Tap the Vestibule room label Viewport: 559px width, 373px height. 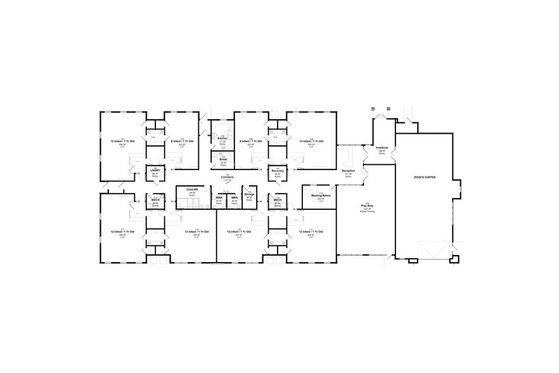pyautogui.click(x=382, y=147)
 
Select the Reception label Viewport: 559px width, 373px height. pyautogui.click(x=349, y=171)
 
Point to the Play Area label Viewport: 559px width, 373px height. pyautogui.click(x=367, y=206)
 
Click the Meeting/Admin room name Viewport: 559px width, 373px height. pyautogui.click(x=321, y=196)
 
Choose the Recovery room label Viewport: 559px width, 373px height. pyautogui.click(x=278, y=171)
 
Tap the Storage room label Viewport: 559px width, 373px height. pyautogui.click(x=249, y=194)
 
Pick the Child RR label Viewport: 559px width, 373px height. pyautogui.click(x=192, y=190)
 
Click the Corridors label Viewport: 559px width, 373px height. pyautogui.click(x=227, y=177)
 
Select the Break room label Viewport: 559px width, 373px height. pyautogui.click(x=223, y=159)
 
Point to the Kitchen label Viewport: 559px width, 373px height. pyautogui.click(x=222, y=138)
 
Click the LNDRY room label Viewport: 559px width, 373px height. pyautogui.click(x=154, y=171)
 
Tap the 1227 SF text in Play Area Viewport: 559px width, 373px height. pyautogui.click(x=367, y=209)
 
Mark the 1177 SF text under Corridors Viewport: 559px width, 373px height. pyautogui.click(x=227, y=180)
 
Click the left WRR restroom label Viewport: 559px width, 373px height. pyautogui.click(x=219, y=197)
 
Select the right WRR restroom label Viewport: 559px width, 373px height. pyautogui.click(x=234, y=197)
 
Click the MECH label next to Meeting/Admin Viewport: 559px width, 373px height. pyautogui.click(x=277, y=200)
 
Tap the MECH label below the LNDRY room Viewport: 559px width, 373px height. pyautogui.click(x=155, y=200)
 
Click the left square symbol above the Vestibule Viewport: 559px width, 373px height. pyautogui.click(x=373, y=109)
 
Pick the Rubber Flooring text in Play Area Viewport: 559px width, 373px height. pyautogui.click(x=367, y=211)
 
